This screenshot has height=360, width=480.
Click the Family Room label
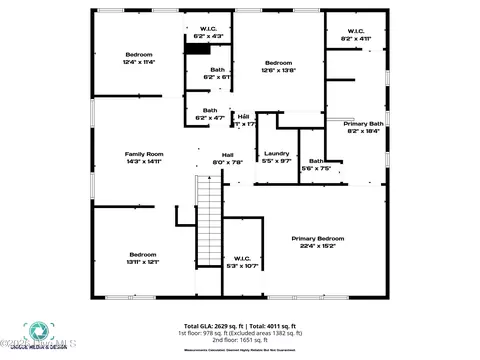point(143,157)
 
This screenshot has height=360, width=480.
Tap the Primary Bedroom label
point(317,241)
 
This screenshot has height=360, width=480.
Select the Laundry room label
point(276,156)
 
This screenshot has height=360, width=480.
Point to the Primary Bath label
point(363,127)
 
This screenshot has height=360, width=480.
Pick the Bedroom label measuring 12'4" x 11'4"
point(139,57)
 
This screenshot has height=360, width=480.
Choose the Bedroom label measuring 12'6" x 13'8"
point(277,66)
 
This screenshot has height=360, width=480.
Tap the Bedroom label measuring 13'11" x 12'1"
point(142,258)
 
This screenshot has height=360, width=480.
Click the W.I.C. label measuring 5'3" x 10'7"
point(244,262)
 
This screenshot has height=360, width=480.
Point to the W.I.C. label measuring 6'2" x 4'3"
point(209,32)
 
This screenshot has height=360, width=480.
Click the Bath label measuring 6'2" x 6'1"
point(217,73)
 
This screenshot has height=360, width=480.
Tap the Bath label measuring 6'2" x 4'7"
point(210,114)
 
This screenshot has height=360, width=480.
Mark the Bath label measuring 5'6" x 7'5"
point(316,165)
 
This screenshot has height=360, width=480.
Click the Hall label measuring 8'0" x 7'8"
point(227,158)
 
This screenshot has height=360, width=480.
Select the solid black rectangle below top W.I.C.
point(200,47)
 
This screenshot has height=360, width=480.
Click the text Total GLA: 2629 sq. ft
point(211,326)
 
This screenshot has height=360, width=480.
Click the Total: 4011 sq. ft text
point(267,326)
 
